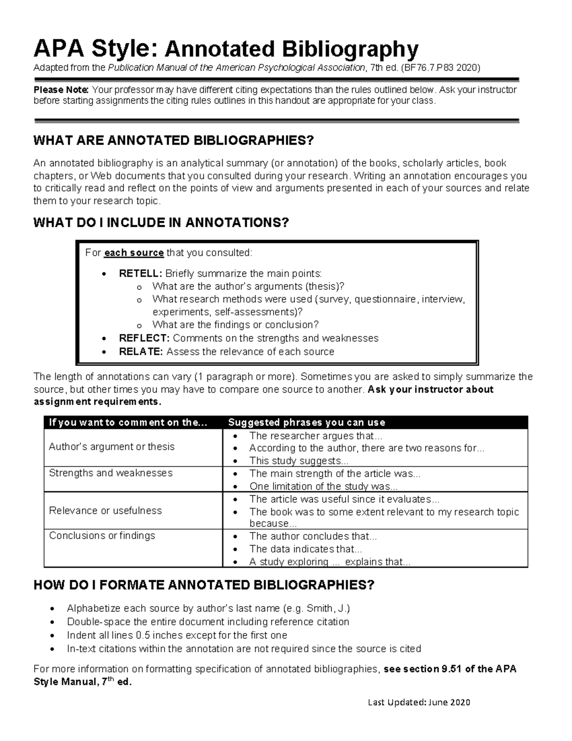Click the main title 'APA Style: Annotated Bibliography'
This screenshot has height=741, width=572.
(x=225, y=49)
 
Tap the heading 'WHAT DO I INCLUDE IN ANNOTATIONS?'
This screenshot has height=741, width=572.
(x=161, y=223)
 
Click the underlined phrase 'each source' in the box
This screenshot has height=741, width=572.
(x=134, y=253)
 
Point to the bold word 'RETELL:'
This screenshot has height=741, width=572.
(x=141, y=273)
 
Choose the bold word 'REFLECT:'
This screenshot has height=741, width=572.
(x=144, y=338)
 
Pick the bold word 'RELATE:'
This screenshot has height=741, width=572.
(x=141, y=352)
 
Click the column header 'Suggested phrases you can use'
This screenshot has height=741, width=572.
(x=306, y=422)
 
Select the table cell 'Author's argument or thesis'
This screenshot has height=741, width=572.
(x=112, y=447)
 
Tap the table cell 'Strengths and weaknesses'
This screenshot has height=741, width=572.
(x=111, y=473)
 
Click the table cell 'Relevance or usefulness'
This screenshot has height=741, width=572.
(x=105, y=511)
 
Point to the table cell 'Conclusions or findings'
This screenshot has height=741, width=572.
(x=102, y=535)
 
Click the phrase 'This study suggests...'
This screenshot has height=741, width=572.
(x=299, y=461)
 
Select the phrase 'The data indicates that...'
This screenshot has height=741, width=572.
(x=306, y=549)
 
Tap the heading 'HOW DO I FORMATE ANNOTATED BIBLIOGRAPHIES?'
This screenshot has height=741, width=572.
(x=204, y=585)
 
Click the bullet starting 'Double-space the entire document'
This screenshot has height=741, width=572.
(x=208, y=622)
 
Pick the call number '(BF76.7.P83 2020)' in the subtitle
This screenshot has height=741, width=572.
(x=440, y=68)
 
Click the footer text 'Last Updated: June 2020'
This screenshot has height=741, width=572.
(x=419, y=702)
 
